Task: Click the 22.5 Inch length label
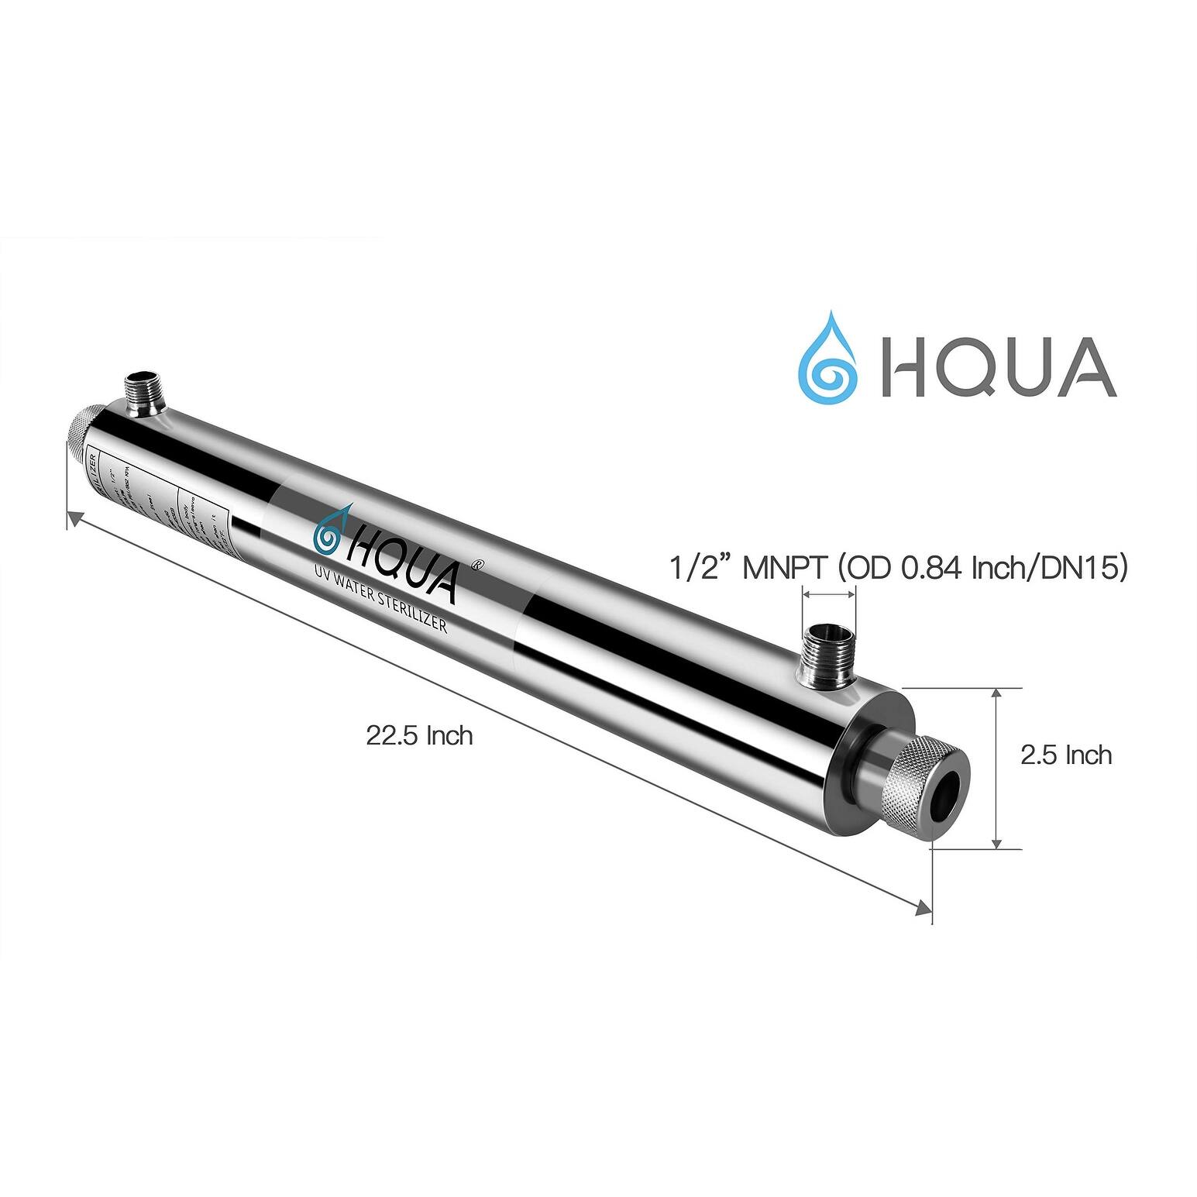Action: (419, 734)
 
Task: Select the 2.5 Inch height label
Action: (1065, 755)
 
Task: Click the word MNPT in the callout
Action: (786, 569)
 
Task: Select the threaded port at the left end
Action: (143, 391)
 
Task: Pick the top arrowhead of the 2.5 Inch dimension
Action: (998, 694)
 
